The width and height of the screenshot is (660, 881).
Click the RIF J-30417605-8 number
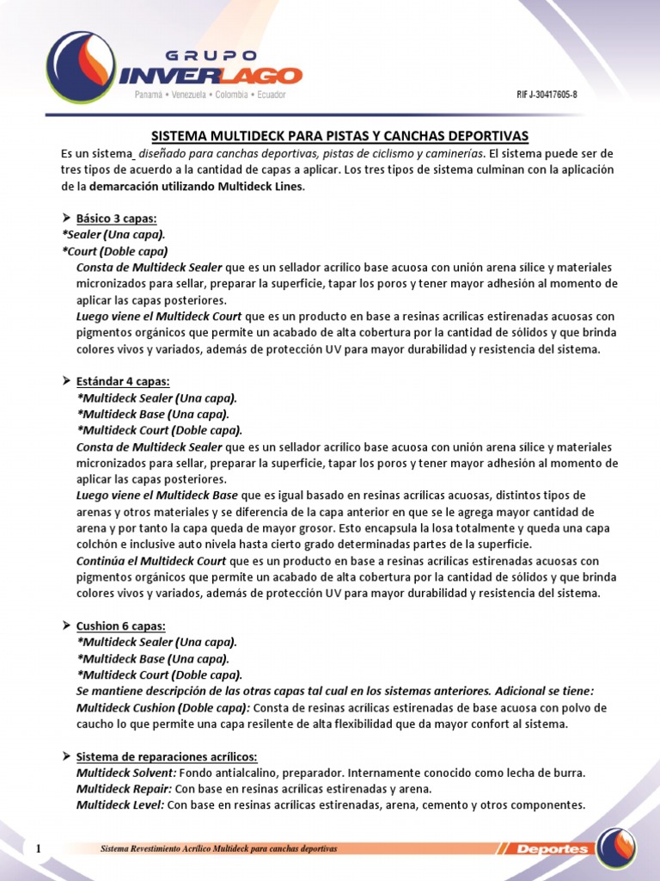(546, 95)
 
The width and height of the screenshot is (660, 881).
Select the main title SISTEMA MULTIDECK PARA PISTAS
(339, 136)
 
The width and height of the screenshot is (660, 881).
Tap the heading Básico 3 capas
(116, 219)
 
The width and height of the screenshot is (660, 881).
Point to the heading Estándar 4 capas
(123, 381)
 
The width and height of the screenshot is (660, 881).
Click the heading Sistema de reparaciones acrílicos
(167, 756)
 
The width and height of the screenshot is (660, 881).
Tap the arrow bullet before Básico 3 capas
(65, 219)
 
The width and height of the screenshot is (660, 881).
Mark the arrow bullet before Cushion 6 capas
(65, 625)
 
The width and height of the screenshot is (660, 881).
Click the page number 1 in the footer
(39, 850)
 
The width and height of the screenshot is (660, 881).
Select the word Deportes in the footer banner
(553, 850)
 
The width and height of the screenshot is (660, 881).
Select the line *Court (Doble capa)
(114, 251)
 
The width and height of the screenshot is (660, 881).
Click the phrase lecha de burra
(546, 773)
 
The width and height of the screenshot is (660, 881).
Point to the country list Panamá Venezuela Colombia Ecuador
(211, 95)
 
